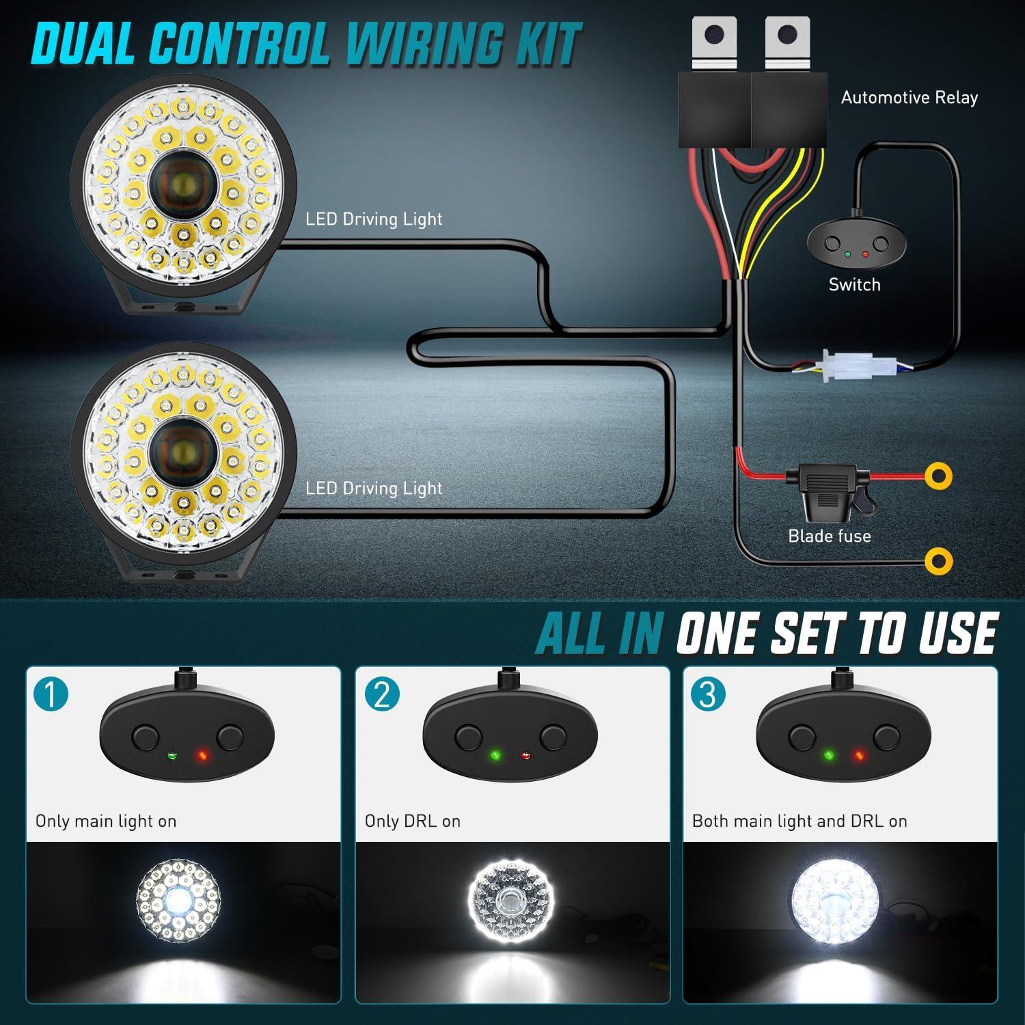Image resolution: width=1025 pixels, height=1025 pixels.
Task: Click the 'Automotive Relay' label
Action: point(909,98)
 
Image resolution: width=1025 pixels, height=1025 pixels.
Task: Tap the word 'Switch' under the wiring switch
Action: point(854,285)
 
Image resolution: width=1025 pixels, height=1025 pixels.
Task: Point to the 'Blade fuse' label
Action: point(830,536)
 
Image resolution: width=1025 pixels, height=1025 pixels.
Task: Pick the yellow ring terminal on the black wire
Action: point(938,561)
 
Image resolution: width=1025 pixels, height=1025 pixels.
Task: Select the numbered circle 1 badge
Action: point(51,694)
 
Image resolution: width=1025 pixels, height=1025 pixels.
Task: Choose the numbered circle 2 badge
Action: point(381,694)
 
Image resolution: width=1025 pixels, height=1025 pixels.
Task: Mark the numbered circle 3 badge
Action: point(708,694)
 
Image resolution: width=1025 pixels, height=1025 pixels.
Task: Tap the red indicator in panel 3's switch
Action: point(859,756)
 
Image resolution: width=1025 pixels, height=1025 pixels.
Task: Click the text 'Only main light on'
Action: point(106,821)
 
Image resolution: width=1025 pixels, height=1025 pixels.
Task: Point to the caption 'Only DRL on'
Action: point(413,821)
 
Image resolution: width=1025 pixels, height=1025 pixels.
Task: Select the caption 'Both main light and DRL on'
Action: point(799,821)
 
